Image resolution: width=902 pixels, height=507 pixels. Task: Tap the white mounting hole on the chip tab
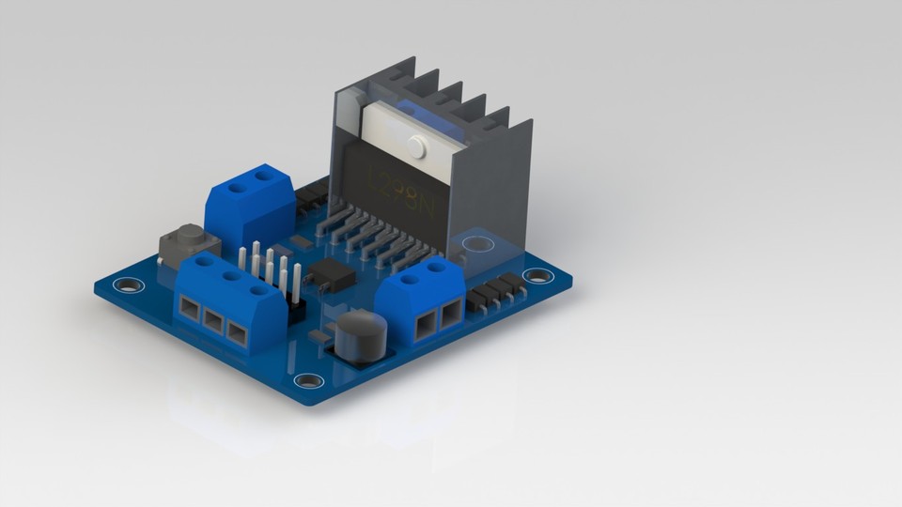[416, 146]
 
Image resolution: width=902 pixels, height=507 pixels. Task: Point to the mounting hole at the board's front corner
[307, 380]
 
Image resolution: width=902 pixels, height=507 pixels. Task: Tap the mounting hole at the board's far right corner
[537, 275]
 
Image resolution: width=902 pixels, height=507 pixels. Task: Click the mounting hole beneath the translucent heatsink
[477, 243]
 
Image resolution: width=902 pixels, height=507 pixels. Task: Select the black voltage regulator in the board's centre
[331, 272]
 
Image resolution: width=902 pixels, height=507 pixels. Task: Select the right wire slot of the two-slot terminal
[451, 313]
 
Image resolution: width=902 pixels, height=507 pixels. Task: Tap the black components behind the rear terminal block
[312, 194]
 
